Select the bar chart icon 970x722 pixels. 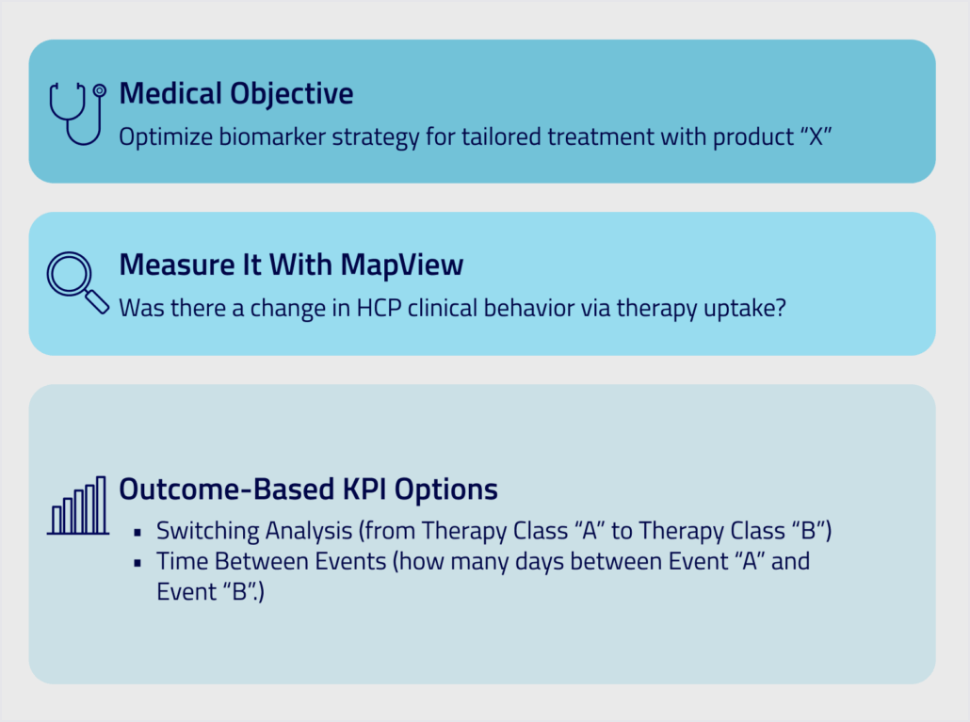pos(78,505)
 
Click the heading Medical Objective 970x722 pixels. pos(235,94)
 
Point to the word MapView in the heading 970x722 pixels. pos(401,265)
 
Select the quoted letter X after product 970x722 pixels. pos(816,136)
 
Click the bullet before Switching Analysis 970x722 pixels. pos(137,532)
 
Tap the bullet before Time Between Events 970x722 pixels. pos(137,563)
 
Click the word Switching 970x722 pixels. pos(208,531)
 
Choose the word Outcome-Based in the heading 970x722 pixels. pos(226,489)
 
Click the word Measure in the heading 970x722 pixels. pos(177,265)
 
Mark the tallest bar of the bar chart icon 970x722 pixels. pos(102,505)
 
